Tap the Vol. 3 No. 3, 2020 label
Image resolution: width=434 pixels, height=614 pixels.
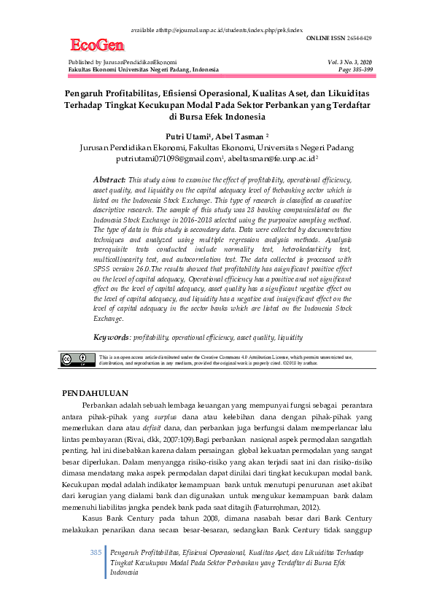tap(350, 63)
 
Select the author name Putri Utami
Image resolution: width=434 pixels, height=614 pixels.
tap(188, 136)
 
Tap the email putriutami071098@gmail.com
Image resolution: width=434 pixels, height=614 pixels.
tap(168, 157)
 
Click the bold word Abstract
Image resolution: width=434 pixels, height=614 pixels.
tap(109, 179)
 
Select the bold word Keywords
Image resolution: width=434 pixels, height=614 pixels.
tap(112, 337)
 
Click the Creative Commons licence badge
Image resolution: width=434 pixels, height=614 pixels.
tap(77, 360)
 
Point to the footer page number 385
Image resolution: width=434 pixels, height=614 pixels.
tap(96, 553)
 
